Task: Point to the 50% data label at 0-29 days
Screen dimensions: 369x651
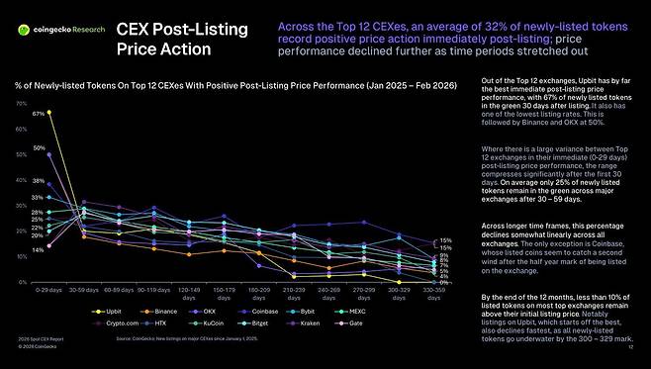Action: (39, 148)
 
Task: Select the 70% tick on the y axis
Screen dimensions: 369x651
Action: (21, 103)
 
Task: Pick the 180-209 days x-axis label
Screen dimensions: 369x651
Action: (258, 295)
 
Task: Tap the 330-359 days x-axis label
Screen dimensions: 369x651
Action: (433, 295)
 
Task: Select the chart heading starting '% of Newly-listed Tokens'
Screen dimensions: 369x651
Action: (235, 87)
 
